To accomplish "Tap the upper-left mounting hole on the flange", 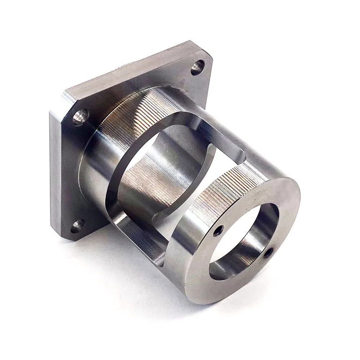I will [80, 117].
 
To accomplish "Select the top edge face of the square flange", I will [130, 68].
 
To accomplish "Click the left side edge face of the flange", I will [54, 169].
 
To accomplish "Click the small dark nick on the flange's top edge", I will [117, 67].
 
